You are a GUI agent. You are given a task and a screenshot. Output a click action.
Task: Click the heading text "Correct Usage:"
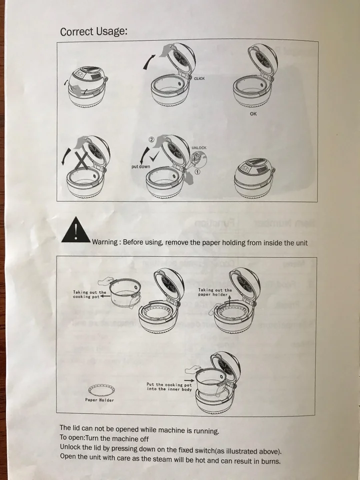(x=93, y=31)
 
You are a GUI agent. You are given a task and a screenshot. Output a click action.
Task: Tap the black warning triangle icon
(x=76, y=230)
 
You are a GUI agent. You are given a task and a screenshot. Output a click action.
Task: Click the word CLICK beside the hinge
(x=199, y=78)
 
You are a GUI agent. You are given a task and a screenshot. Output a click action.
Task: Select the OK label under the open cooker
(x=253, y=114)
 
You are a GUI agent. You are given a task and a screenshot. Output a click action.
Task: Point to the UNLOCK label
(x=199, y=148)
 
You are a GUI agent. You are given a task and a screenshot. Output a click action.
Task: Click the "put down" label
(x=141, y=166)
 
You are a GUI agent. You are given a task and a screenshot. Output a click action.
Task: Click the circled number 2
(x=151, y=139)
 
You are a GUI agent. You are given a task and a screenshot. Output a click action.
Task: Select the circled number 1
(x=197, y=171)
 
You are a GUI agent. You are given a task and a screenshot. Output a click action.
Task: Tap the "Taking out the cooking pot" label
(x=89, y=294)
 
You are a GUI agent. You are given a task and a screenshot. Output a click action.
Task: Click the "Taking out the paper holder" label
(x=215, y=292)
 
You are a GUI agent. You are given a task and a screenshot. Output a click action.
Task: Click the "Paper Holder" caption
(x=99, y=400)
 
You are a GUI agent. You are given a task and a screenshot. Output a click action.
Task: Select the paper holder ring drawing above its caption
(x=101, y=389)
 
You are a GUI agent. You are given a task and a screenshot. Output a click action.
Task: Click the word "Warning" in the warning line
(x=105, y=242)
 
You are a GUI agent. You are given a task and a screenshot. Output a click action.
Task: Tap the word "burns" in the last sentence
(x=270, y=461)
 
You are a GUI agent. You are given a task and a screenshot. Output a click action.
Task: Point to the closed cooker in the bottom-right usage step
(x=254, y=177)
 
